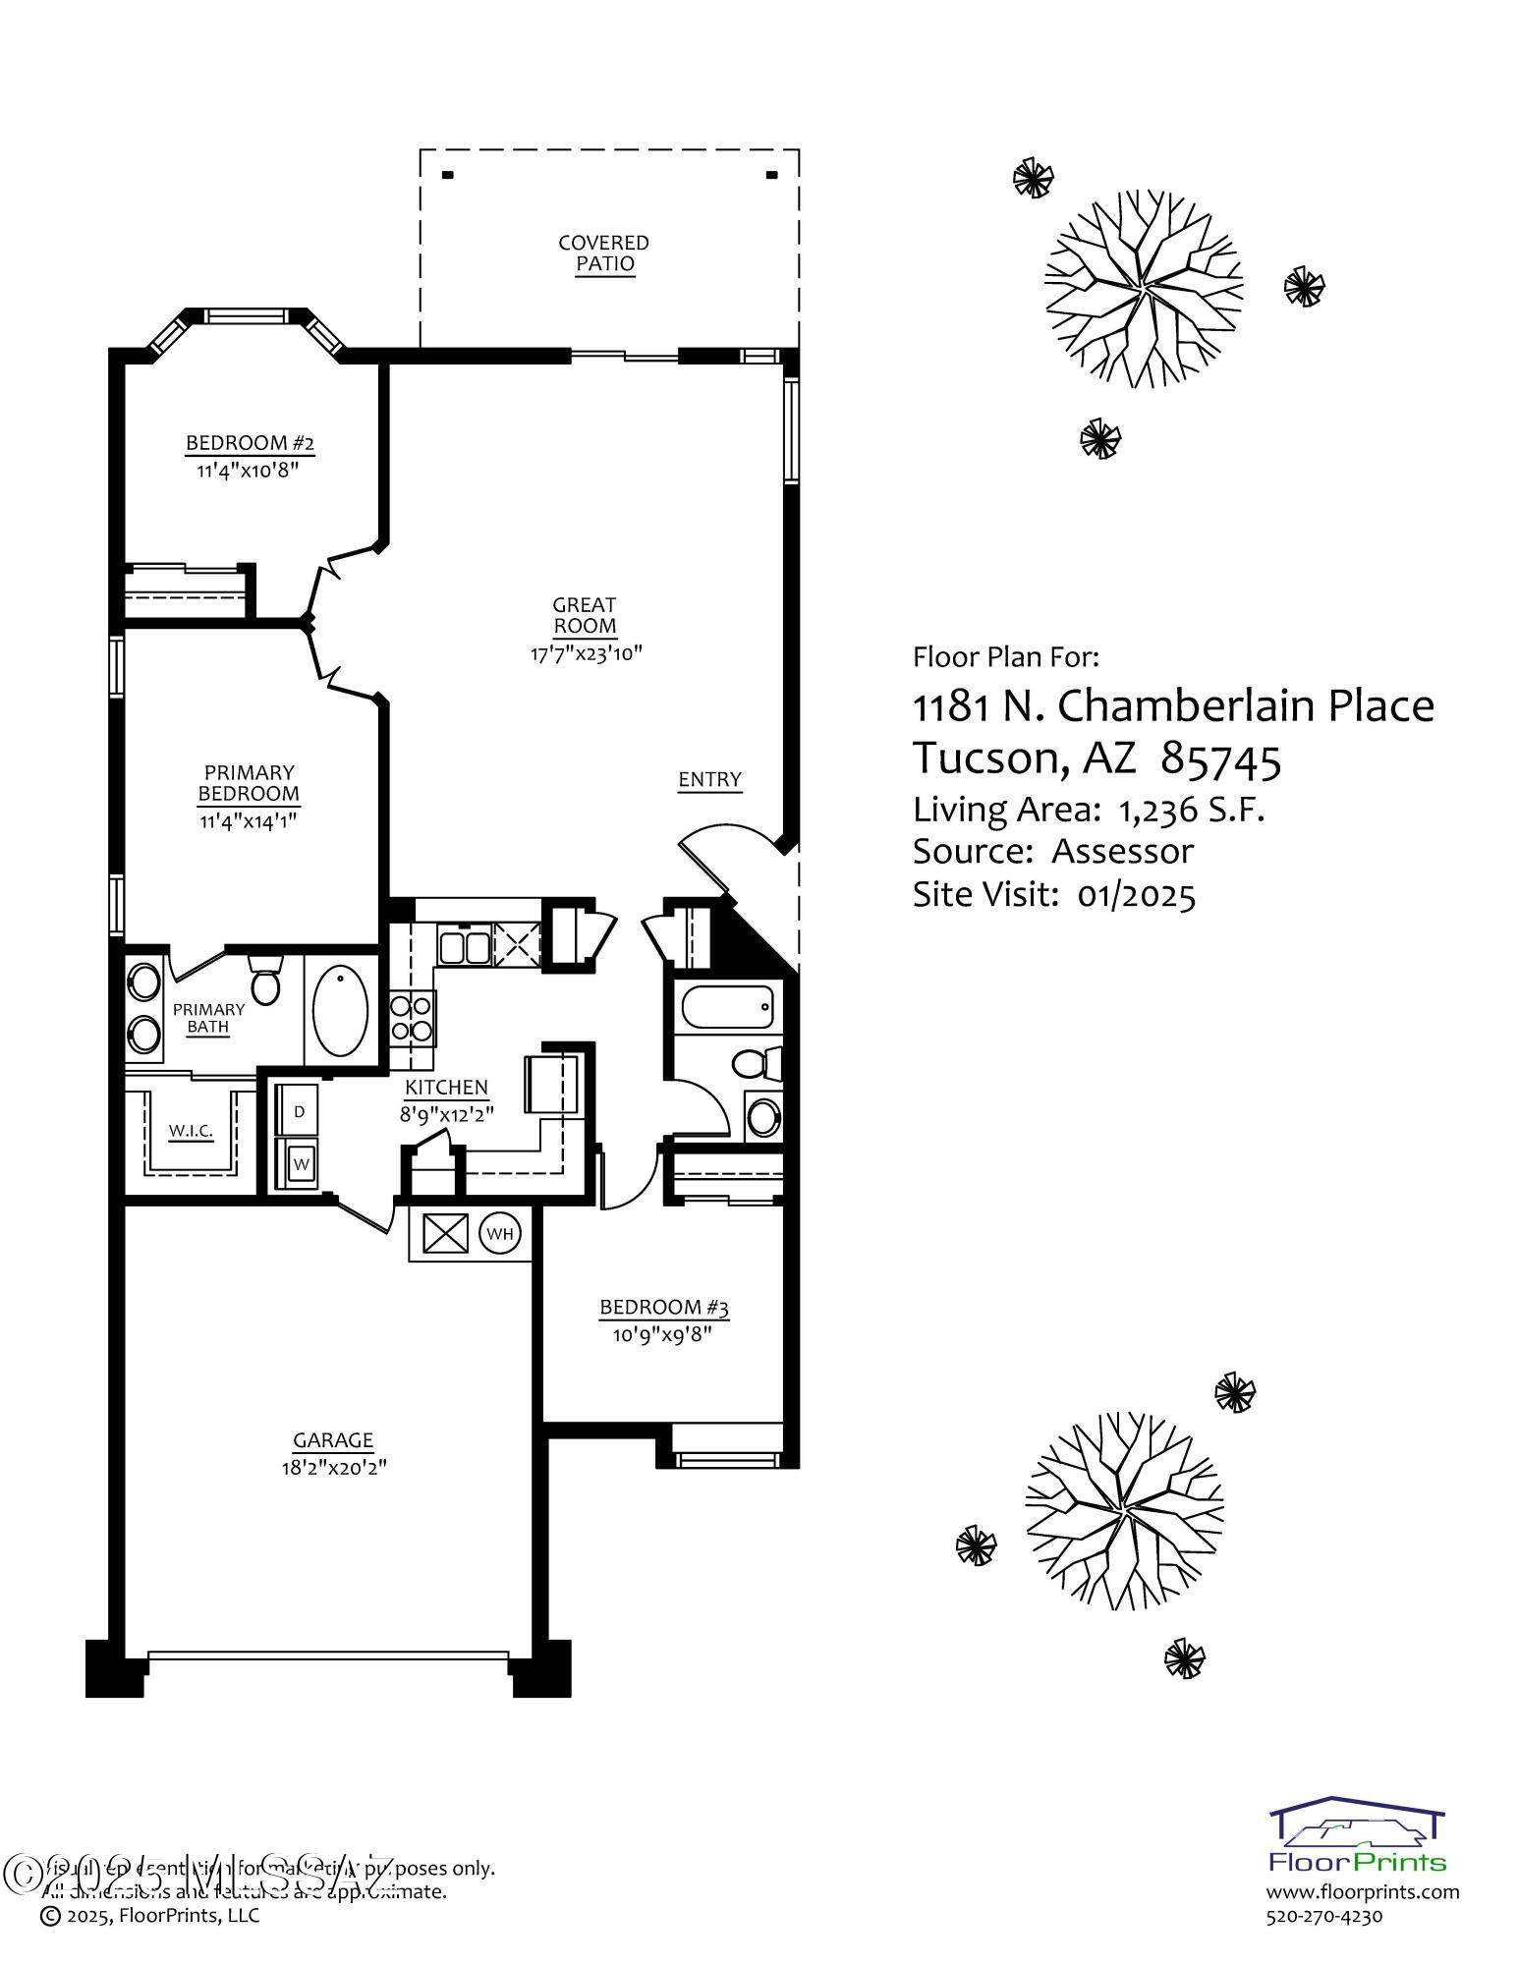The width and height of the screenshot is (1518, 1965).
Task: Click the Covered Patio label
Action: [x=603, y=253]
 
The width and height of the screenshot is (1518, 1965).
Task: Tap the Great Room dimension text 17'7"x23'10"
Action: [x=586, y=653]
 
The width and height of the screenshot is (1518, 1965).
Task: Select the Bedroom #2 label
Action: [x=250, y=444]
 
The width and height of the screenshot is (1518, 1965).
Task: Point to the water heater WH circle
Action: [x=500, y=1234]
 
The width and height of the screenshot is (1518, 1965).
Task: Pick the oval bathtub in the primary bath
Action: [x=340, y=1010]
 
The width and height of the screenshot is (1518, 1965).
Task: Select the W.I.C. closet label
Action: [x=191, y=1131]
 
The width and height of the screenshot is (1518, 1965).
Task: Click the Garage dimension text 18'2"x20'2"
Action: [x=333, y=1468]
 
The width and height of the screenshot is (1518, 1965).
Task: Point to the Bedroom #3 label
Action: [x=664, y=1308]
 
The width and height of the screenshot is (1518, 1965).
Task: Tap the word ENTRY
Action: [x=709, y=780]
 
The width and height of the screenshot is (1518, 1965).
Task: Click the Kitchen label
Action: [x=446, y=1088]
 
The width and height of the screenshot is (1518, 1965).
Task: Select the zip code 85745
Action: [x=1221, y=758]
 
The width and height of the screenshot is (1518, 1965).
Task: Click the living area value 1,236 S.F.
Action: [x=1191, y=810]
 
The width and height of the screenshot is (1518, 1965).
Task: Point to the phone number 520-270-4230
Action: [x=1323, y=1916]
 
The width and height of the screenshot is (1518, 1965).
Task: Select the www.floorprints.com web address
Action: [x=1362, y=1892]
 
